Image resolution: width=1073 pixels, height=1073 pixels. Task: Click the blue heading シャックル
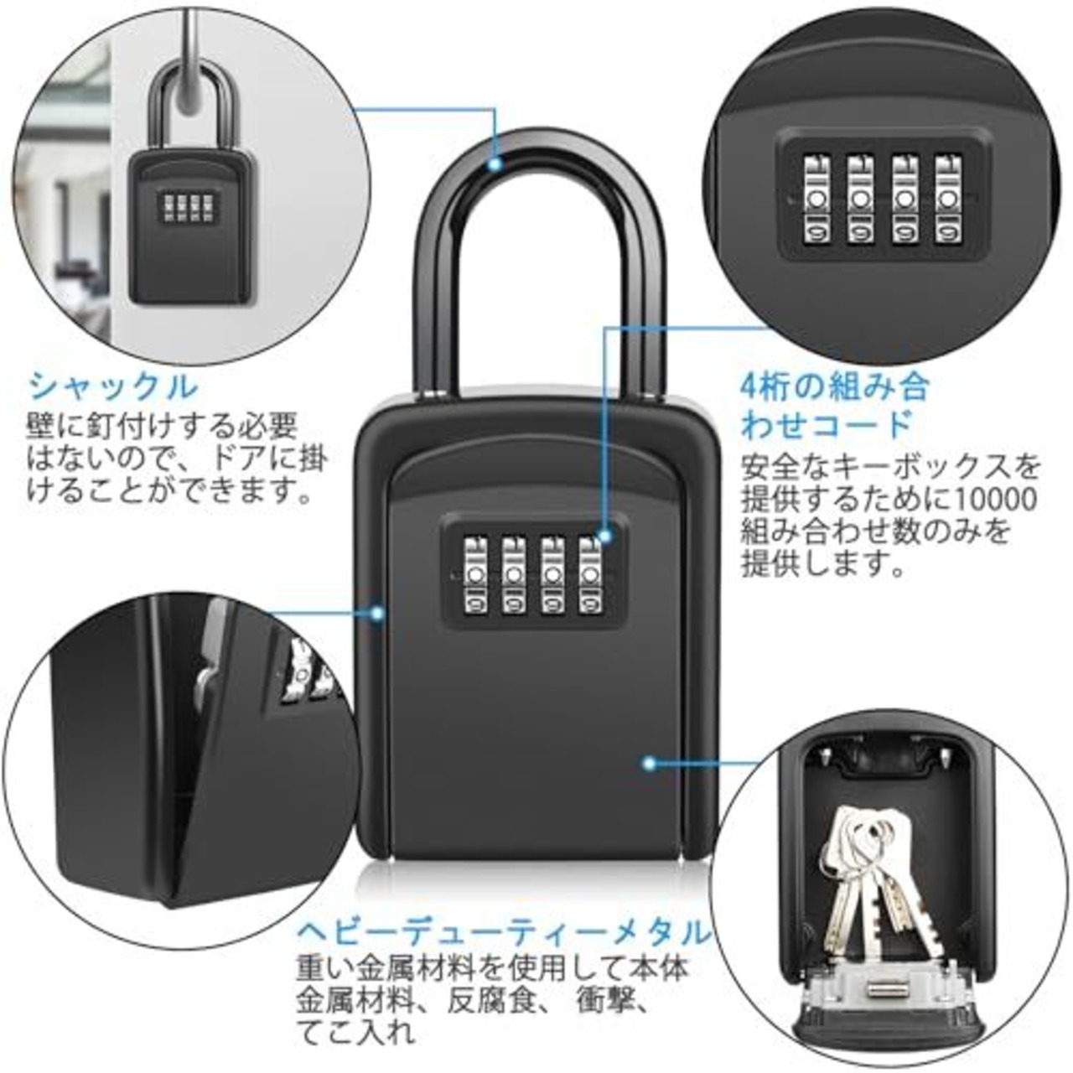coord(114,387)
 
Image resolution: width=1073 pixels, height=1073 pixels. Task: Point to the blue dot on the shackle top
coord(496,164)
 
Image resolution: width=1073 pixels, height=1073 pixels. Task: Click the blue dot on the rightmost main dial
coord(604,533)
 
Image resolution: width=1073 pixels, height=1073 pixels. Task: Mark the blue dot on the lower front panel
coord(648,763)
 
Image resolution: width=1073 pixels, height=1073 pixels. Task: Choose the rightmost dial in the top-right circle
coord(947,198)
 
